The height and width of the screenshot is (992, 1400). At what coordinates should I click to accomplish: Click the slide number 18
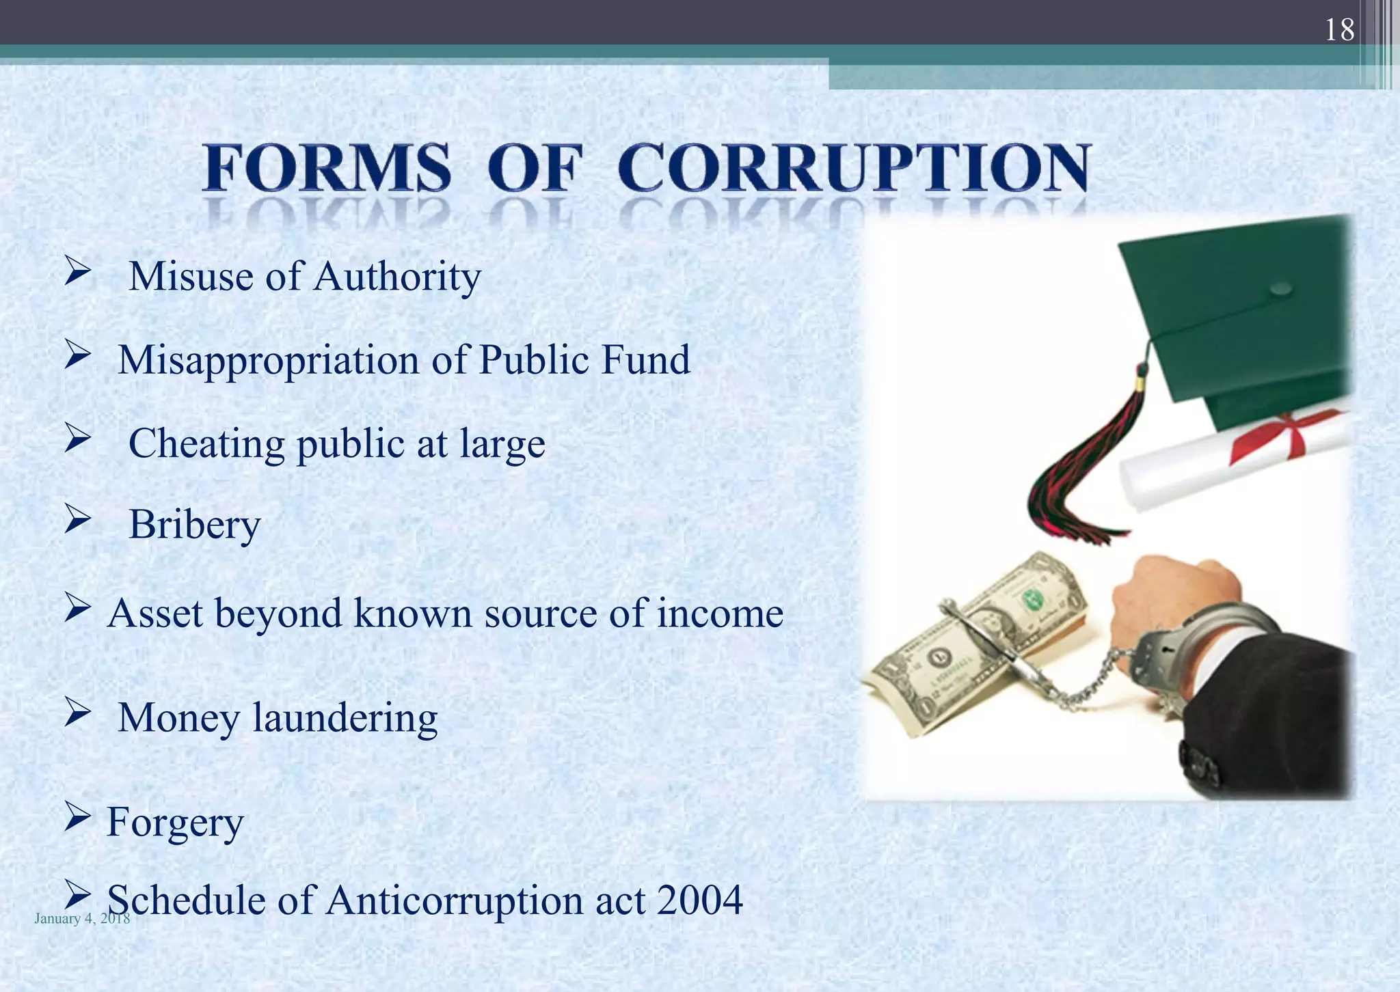(1339, 29)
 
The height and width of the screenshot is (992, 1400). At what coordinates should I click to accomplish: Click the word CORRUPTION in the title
(854, 168)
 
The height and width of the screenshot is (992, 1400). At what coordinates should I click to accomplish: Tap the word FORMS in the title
(327, 168)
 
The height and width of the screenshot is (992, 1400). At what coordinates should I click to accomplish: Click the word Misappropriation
(269, 360)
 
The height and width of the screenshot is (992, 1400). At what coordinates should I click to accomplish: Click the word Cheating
(206, 444)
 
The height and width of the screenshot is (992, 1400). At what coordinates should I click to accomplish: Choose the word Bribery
(195, 525)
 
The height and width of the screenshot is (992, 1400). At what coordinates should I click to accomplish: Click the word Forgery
(175, 823)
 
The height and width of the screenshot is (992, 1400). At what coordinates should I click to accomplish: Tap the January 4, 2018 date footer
(82, 918)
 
